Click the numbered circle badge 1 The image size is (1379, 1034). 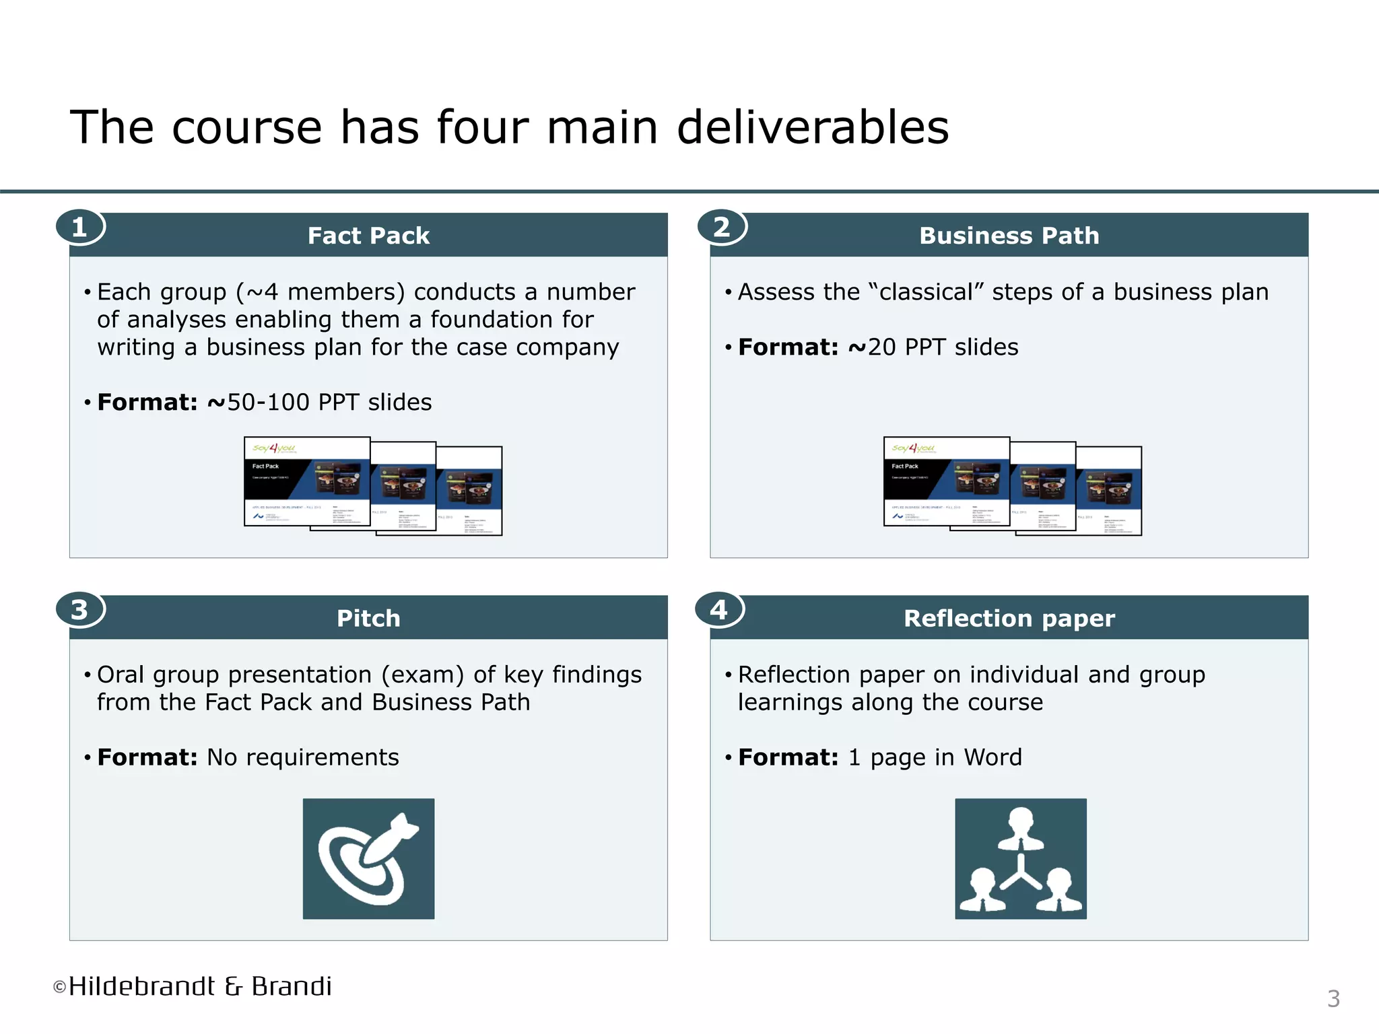79,228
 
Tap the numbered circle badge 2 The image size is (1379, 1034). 721,228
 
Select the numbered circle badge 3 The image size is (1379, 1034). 79,610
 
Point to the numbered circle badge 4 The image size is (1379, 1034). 719,610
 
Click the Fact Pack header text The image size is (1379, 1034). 368,236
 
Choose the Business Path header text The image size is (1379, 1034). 1009,236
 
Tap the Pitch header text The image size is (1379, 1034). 368,618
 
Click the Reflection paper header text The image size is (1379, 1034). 1009,618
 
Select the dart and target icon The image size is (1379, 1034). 368,858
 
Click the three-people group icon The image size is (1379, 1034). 1020,858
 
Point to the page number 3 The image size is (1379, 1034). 1333,999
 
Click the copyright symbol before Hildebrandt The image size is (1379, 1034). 60,988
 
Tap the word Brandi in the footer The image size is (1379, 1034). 292,986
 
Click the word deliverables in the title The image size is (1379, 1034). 812,127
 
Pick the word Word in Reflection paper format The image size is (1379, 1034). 993,757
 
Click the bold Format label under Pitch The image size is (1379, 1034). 147,757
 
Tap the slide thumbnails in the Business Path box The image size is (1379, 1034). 1012,486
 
